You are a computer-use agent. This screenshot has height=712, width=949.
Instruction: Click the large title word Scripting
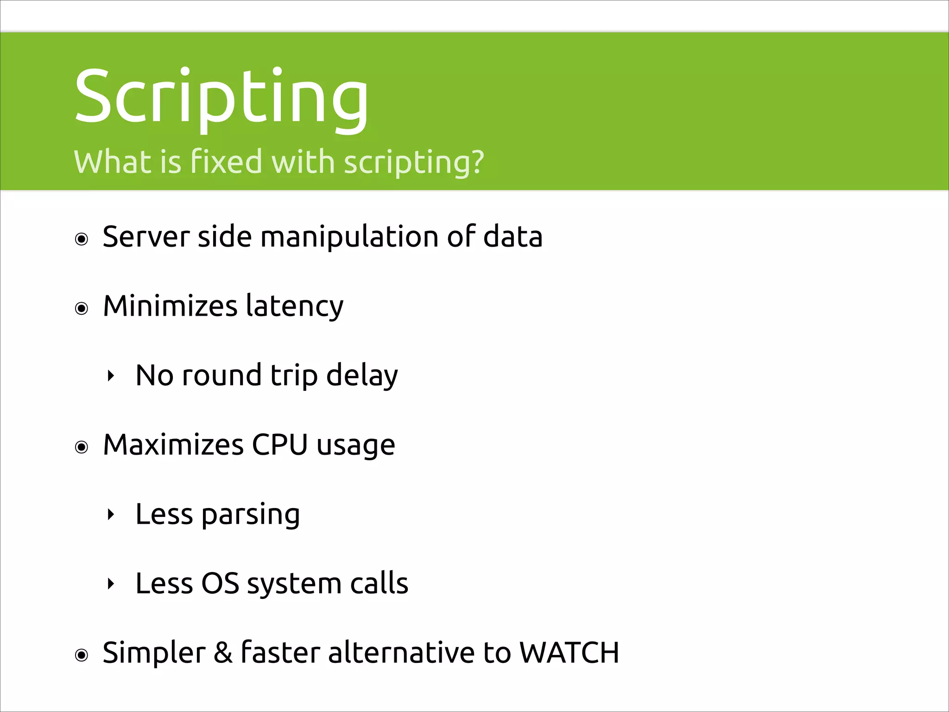click(221, 97)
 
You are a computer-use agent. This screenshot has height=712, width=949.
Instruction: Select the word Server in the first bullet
click(146, 237)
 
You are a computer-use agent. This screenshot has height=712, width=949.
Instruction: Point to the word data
click(512, 237)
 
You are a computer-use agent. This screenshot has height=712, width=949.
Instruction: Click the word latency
click(295, 307)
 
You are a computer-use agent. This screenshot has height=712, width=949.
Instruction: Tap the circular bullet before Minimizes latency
click(82, 309)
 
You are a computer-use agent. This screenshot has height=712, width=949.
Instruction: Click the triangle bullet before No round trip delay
click(110, 376)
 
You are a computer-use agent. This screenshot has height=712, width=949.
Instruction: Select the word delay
click(362, 376)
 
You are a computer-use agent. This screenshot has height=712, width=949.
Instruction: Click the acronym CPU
click(279, 445)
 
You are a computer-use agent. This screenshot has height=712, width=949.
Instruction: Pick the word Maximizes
click(173, 445)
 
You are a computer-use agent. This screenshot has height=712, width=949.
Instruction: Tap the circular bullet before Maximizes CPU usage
click(82, 447)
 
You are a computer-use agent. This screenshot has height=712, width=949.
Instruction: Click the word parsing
click(250, 515)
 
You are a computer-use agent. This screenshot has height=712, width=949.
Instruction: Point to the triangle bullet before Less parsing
click(110, 515)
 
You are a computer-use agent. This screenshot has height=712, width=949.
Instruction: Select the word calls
click(379, 584)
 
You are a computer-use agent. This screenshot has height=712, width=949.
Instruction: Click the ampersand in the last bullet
click(223, 653)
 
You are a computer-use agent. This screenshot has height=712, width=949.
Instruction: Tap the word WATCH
click(569, 653)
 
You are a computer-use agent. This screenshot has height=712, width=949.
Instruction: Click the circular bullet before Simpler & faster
click(82, 655)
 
